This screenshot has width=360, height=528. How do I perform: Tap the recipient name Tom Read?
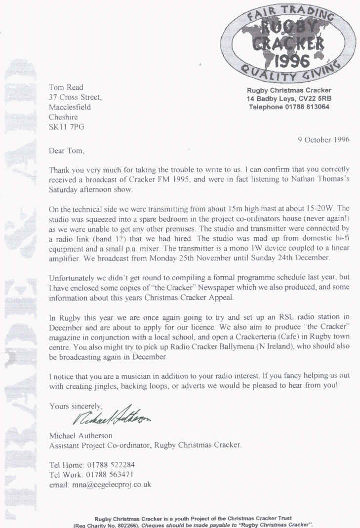point(67,88)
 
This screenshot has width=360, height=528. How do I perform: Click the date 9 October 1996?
point(323,139)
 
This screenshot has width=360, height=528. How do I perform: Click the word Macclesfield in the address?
point(70,107)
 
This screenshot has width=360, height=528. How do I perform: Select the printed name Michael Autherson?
point(80,435)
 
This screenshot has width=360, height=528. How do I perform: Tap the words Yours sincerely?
point(76,407)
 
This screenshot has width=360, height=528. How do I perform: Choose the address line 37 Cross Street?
point(75,97)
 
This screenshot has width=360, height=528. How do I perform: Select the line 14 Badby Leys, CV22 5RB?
point(289,99)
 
